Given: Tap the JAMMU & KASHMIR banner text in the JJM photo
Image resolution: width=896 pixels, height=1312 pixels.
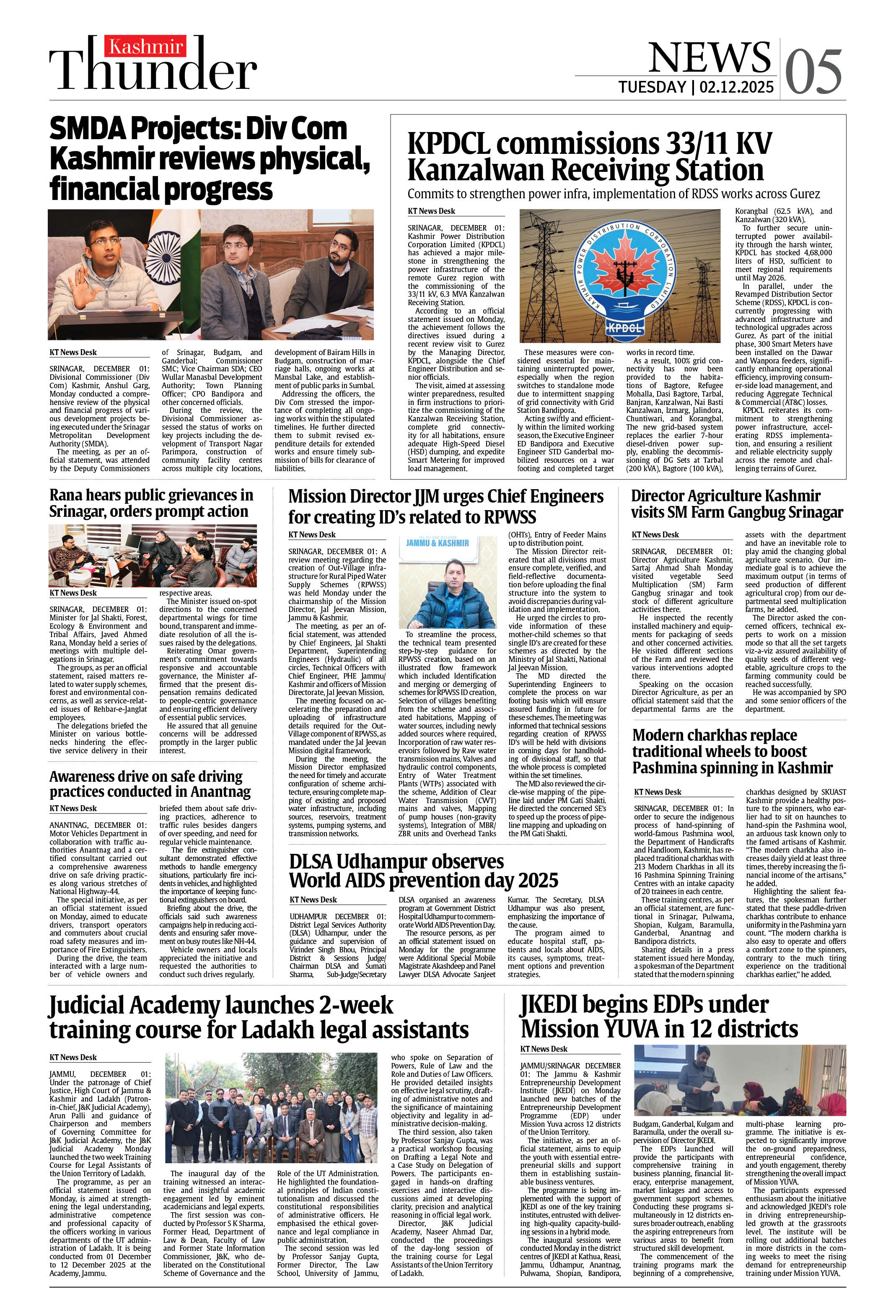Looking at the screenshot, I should [438, 542].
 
